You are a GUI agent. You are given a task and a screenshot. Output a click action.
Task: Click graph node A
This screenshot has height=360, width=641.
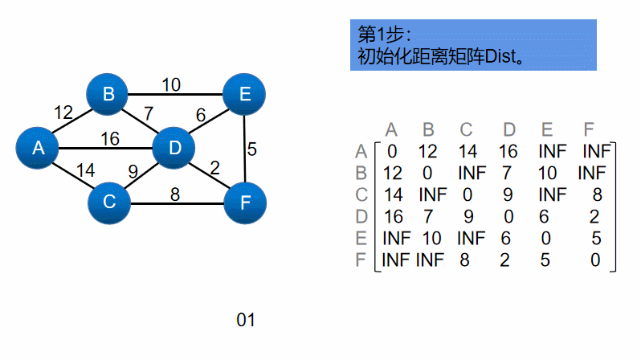tap(38, 148)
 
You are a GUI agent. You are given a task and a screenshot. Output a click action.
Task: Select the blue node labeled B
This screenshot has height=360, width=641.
tap(108, 95)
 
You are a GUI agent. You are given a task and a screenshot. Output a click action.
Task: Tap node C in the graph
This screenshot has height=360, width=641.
tap(109, 202)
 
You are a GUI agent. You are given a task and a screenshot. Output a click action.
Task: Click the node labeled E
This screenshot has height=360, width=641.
tap(244, 95)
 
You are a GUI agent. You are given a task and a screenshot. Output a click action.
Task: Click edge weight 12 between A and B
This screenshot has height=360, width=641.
tap(63, 112)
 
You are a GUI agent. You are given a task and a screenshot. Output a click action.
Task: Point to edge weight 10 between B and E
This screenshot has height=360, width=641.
tap(171, 84)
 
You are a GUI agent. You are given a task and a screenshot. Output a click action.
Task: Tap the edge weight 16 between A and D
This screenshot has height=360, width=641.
tap(110, 139)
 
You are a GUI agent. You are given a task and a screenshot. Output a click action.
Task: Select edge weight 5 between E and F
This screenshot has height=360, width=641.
tap(252, 149)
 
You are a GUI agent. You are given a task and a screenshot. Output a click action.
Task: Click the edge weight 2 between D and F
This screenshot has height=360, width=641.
tap(214, 168)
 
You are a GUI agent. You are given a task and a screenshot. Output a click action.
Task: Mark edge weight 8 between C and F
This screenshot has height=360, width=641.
tap(174, 193)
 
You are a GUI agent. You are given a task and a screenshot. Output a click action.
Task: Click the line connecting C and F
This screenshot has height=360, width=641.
tap(193, 202)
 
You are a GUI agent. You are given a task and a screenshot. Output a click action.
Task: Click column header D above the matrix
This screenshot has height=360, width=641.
tap(509, 129)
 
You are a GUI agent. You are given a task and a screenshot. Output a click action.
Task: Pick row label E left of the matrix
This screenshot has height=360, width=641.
tap(361, 239)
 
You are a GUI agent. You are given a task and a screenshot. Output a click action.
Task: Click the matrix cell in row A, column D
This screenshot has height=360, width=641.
tap(508, 150)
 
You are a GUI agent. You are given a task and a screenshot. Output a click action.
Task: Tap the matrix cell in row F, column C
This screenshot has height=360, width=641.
tap(464, 260)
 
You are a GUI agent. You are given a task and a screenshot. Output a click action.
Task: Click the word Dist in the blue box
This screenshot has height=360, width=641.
tap(503, 58)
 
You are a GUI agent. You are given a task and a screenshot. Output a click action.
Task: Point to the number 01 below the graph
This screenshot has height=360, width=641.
tap(245, 320)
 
